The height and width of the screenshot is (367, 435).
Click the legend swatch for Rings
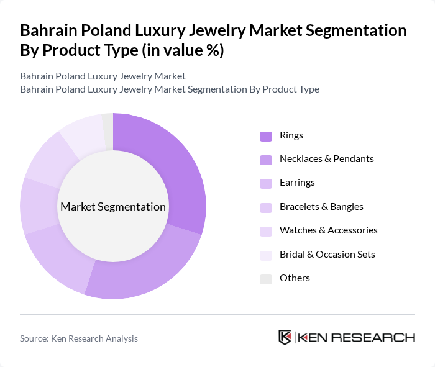(266, 135)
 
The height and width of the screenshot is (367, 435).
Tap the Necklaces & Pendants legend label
(326, 159)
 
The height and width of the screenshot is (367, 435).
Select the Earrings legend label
(297, 183)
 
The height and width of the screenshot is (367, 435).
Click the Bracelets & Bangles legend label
(321, 207)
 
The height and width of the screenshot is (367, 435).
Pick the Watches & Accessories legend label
(328, 230)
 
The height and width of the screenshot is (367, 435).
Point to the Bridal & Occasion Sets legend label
(327, 254)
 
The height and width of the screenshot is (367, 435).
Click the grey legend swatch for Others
(266, 278)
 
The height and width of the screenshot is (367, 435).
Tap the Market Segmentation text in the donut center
(112, 207)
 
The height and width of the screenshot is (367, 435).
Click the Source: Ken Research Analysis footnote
(79, 338)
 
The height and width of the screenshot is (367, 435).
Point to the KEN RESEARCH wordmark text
(357, 337)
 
